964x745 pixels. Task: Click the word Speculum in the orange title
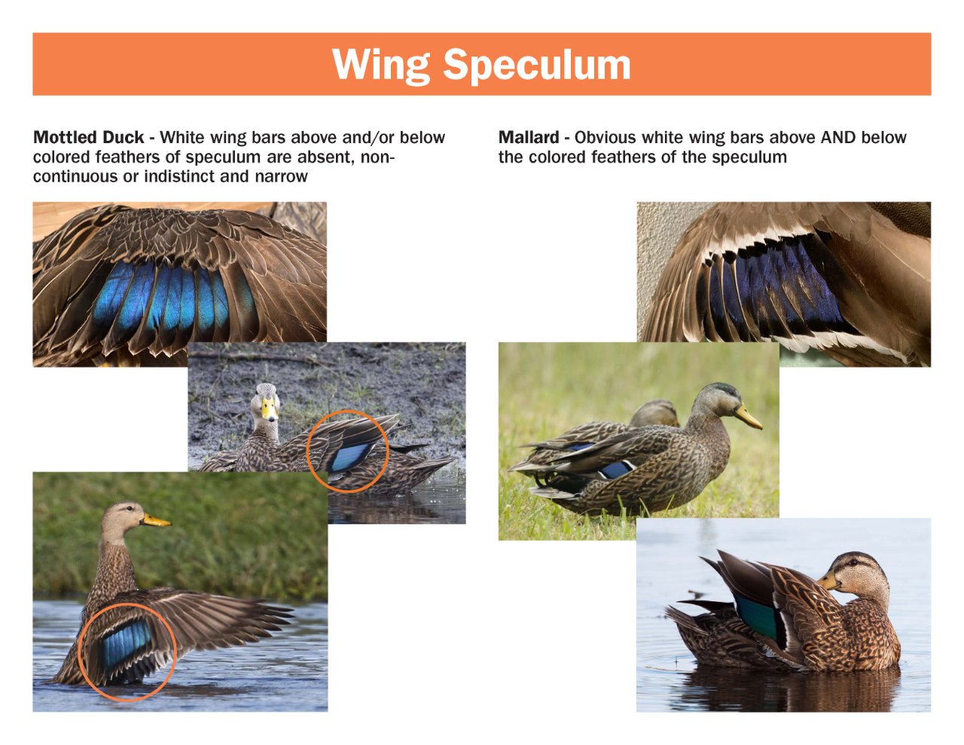tap(536, 65)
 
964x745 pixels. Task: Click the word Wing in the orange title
tap(380, 65)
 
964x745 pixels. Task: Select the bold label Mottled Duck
tap(88, 138)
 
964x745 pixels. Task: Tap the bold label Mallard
tap(528, 138)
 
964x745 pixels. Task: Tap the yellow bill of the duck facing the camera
tap(268, 411)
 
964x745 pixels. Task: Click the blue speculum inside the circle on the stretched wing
tap(125, 645)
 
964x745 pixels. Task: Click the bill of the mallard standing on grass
tap(748, 417)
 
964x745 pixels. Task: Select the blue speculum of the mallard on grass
tap(615, 469)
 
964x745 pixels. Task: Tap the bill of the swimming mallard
tap(828, 581)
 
